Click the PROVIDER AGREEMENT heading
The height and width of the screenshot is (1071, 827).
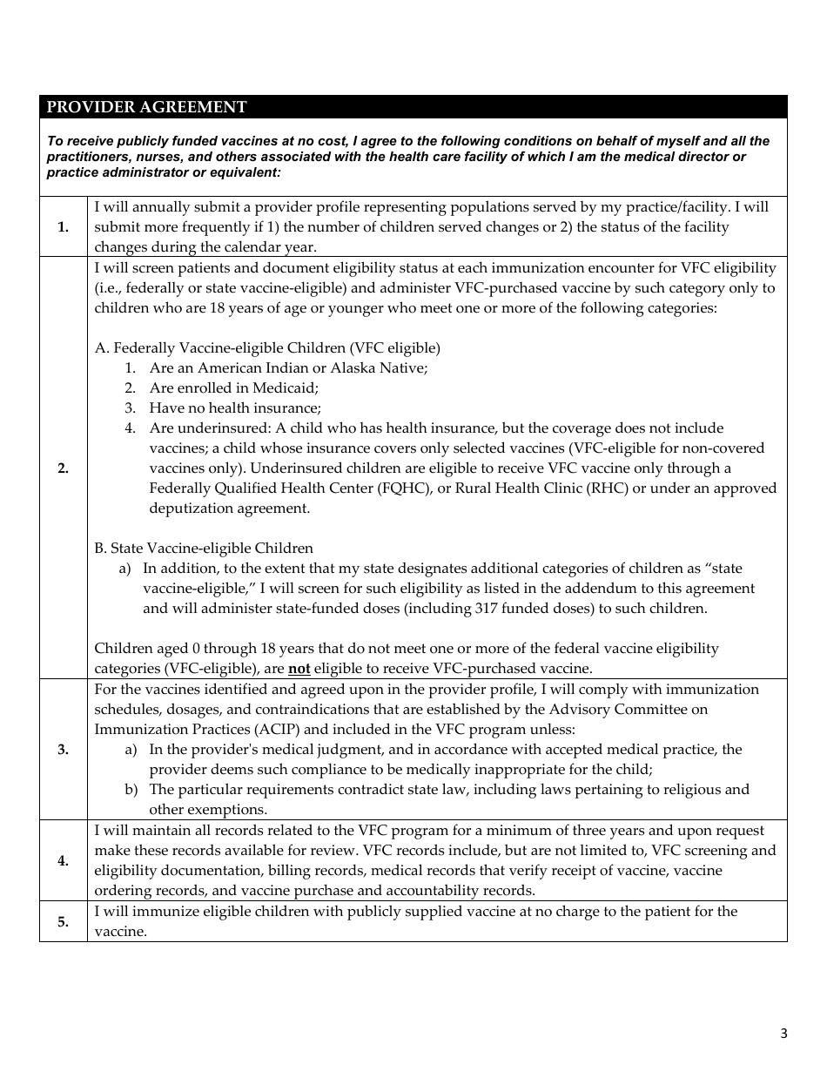(x=146, y=107)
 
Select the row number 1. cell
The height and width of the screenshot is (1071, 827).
(x=63, y=227)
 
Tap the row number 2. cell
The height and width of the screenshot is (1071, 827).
(x=63, y=468)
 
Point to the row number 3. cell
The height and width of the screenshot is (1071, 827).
(x=63, y=750)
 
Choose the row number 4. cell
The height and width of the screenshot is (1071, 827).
(x=63, y=861)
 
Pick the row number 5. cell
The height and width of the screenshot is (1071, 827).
(x=63, y=922)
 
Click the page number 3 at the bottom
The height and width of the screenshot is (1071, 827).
(x=783, y=1034)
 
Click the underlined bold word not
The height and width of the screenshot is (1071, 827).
(x=299, y=669)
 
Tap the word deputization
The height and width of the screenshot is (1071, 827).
(x=192, y=509)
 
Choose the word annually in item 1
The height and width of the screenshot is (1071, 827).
(x=152, y=207)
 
